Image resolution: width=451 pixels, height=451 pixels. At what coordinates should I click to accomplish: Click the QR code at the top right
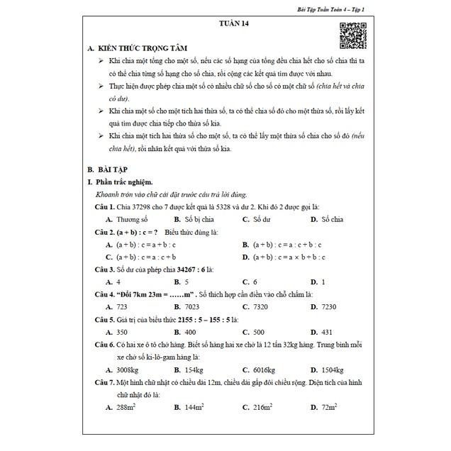(353, 36)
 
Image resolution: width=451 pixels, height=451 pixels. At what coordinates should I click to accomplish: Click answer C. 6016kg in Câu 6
(259, 369)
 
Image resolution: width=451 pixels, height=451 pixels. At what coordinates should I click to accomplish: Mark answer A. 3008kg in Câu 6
(121, 369)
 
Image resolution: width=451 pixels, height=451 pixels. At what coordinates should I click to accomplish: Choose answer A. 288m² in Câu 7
(121, 407)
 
